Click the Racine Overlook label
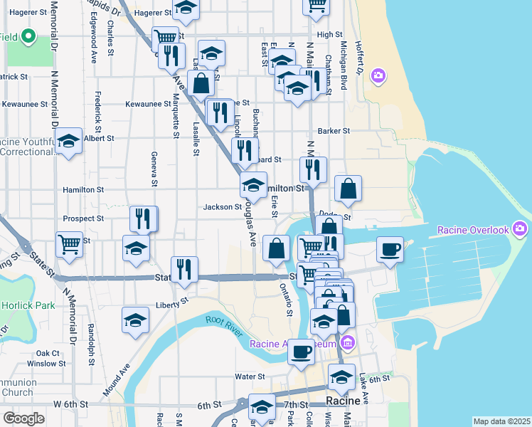coord(473,230)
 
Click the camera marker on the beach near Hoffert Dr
coord(378,75)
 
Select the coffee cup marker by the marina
coord(390,250)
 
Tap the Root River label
coord(225,320)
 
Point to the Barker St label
coord(334,131)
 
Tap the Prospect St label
coord(83,218)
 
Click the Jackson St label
coord(223,207)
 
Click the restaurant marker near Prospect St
coord(144,218)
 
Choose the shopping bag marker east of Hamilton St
coord(348,189)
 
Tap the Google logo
coord(23,418)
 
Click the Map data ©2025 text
coord(501,421)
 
